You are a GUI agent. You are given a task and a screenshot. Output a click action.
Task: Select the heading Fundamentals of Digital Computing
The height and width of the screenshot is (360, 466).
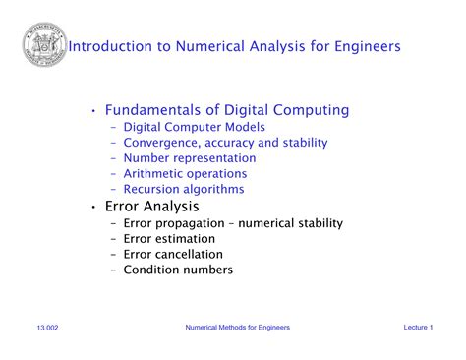pos(227,110)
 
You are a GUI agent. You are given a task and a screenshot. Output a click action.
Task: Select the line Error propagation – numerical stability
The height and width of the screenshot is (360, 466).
pos(232,223)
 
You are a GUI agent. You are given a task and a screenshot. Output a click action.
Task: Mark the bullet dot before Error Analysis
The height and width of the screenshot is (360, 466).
pos(93,208)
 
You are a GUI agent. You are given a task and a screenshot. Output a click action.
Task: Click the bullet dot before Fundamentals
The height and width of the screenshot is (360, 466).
pos(93,111)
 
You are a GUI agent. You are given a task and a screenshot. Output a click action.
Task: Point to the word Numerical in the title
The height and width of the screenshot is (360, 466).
pos(210,46)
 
